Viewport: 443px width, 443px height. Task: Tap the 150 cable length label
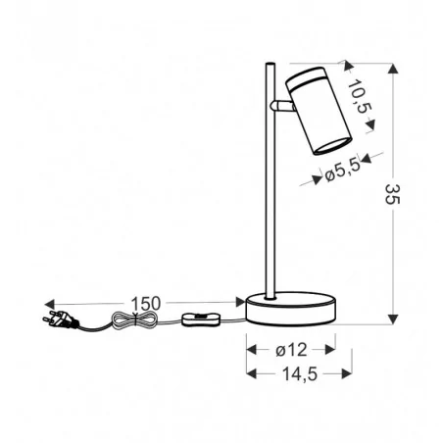pyautogui.click(x=145, y=302)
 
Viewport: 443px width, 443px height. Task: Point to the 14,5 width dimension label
pyautogui.click(x=290, y=373)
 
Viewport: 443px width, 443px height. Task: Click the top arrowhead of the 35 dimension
pyautogui.click(x=393, y=69)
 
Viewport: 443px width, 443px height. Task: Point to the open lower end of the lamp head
pyautogui.click(x=324, y=147)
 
